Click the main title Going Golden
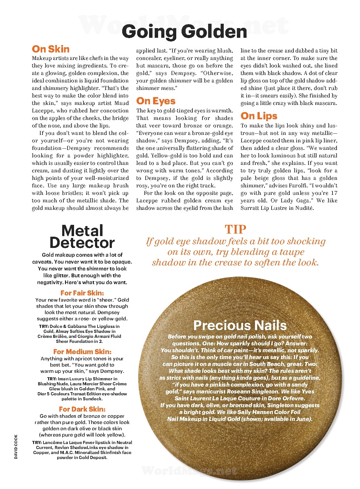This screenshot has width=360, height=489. [x=184, y=32]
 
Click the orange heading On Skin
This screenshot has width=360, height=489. [x=51, y=49]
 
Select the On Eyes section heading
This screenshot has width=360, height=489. [x=156, y=101]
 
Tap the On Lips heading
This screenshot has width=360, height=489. [x=259, y=116]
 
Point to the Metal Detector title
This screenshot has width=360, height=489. [x=82, y=237]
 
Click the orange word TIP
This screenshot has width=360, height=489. [x=235, y=230]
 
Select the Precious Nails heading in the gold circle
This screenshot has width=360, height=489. [x=240, y=325]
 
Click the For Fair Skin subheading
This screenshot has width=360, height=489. [x=82, y=293]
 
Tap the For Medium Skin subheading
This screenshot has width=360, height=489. [x=82, y=352]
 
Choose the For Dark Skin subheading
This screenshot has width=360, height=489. [x=82, y=409]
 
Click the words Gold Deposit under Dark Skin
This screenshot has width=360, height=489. [x=92, y=457]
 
